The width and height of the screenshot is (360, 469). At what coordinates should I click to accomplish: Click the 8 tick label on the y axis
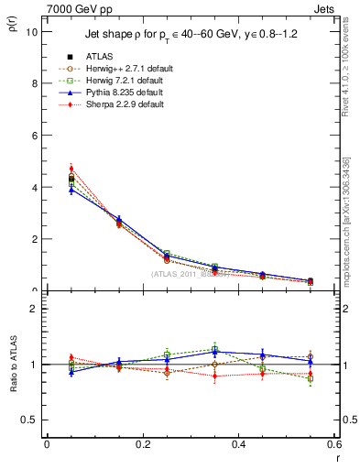point(33,83)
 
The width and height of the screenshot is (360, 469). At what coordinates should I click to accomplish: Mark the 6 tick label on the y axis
point(33,136)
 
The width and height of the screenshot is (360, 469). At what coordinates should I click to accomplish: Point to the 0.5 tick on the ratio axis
point(28,420)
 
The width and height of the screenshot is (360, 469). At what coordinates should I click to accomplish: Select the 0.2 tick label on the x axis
point(142,444)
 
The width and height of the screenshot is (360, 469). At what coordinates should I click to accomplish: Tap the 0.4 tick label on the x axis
point(238,444)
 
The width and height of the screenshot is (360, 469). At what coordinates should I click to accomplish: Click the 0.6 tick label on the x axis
point(333,444)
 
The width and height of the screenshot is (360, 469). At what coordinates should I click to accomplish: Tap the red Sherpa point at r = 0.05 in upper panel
point(71,169)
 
